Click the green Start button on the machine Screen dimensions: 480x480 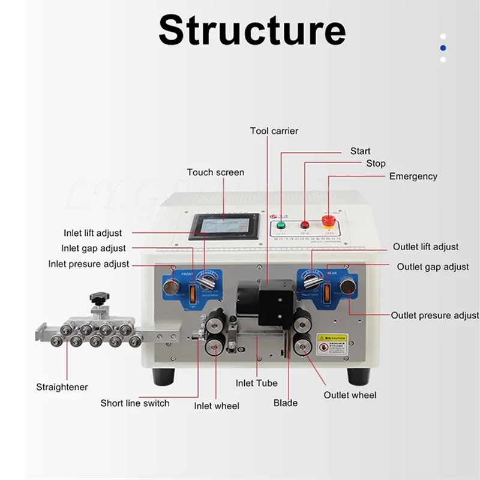coord(281,226)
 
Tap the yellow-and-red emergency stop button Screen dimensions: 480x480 coord(329,220)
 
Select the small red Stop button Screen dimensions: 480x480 coord(305,225)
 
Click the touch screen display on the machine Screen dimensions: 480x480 coord(225,227)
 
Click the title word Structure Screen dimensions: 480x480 coord(252,30)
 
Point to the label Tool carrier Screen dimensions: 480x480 coord(274,131)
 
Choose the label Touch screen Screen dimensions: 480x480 coord(215,172)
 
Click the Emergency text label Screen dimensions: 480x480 coord(413,176)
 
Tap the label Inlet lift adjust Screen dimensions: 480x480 coord(93,233)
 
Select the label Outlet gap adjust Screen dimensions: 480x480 coord(433,266)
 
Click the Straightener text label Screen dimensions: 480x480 coord(62,387)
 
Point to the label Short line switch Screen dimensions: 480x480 coord(135,403)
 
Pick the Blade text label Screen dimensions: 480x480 coord(286,403)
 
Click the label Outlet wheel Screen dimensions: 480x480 coord(350,395)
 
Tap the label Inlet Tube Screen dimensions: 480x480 coord(257,383)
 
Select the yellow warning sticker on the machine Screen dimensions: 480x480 coord(332,344)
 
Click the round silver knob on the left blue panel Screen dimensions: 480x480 coord(171,287)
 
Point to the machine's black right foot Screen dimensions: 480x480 coord(359,376)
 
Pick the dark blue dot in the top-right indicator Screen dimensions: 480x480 coord(443,47)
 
